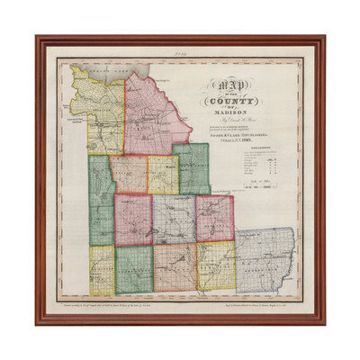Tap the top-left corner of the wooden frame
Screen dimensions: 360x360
pyautogui.click(x=38, y=38)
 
